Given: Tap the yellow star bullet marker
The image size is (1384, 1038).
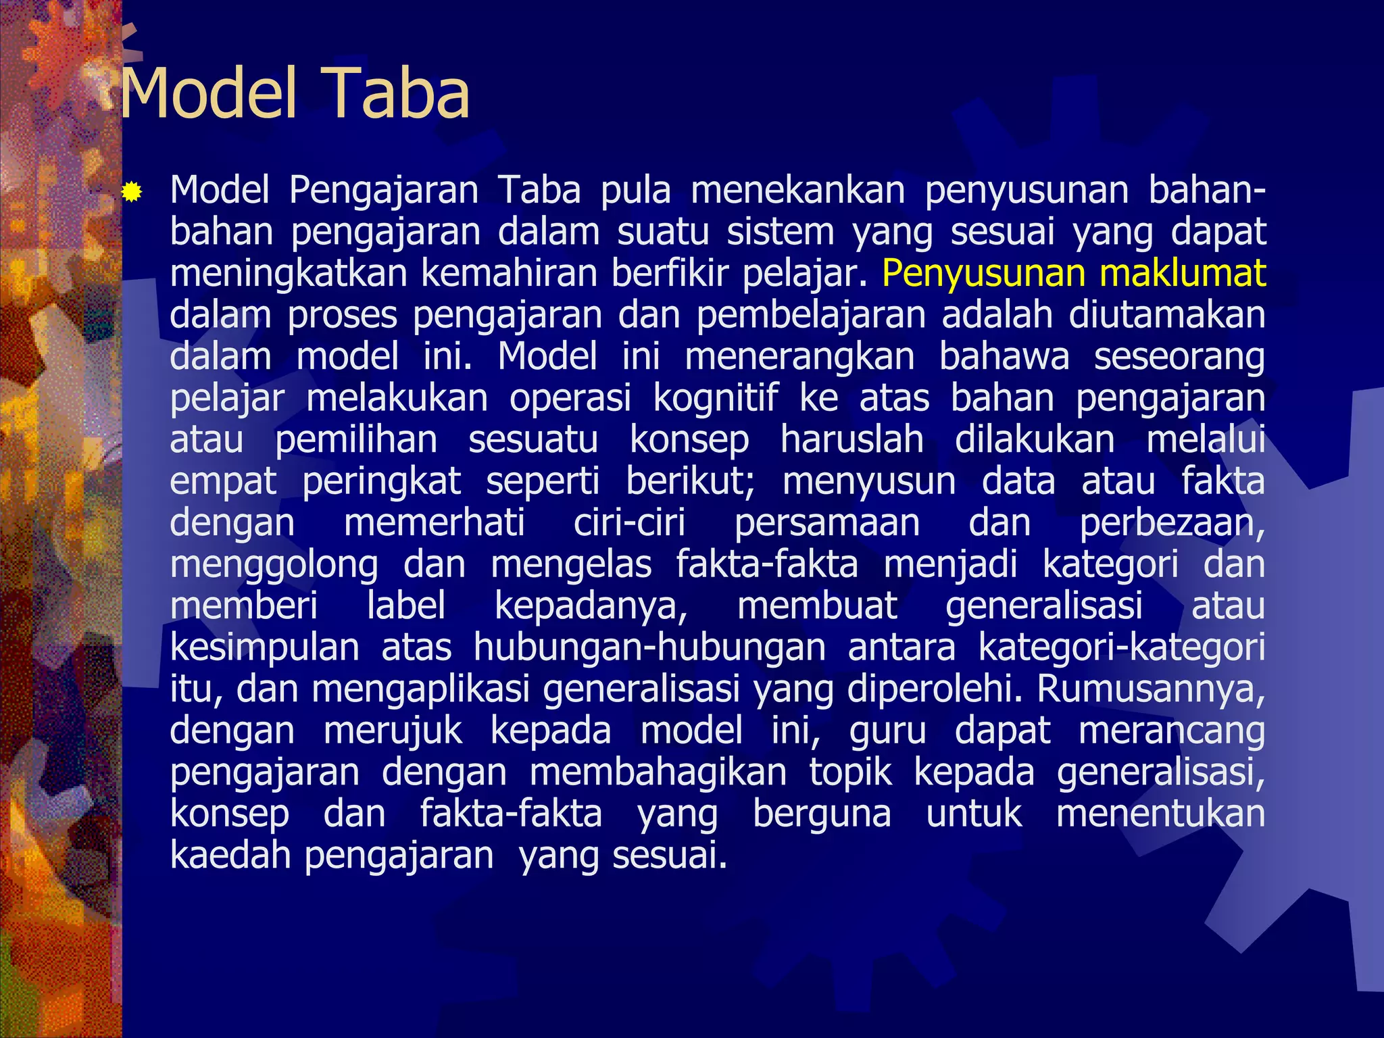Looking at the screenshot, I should pos(132,194).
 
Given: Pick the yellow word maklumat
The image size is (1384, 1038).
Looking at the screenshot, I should pos(1182,274).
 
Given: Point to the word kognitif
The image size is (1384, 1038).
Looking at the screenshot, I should pos(716,398).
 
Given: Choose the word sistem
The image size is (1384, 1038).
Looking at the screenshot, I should pos(781,232).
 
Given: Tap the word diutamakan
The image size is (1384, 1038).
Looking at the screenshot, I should pos(1166,315).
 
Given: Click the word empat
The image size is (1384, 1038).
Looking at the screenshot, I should pos(223,483).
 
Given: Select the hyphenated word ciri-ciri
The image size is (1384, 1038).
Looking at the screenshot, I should pos(629,523).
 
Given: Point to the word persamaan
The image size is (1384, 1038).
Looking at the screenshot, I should pos(826,523).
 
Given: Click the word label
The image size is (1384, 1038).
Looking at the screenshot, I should pos(405,605).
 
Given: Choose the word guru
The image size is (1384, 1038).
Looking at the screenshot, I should pos(887,731).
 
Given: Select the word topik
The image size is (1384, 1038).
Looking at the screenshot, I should pos(850,772).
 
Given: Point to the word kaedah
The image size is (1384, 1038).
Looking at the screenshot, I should pos(229,855).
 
